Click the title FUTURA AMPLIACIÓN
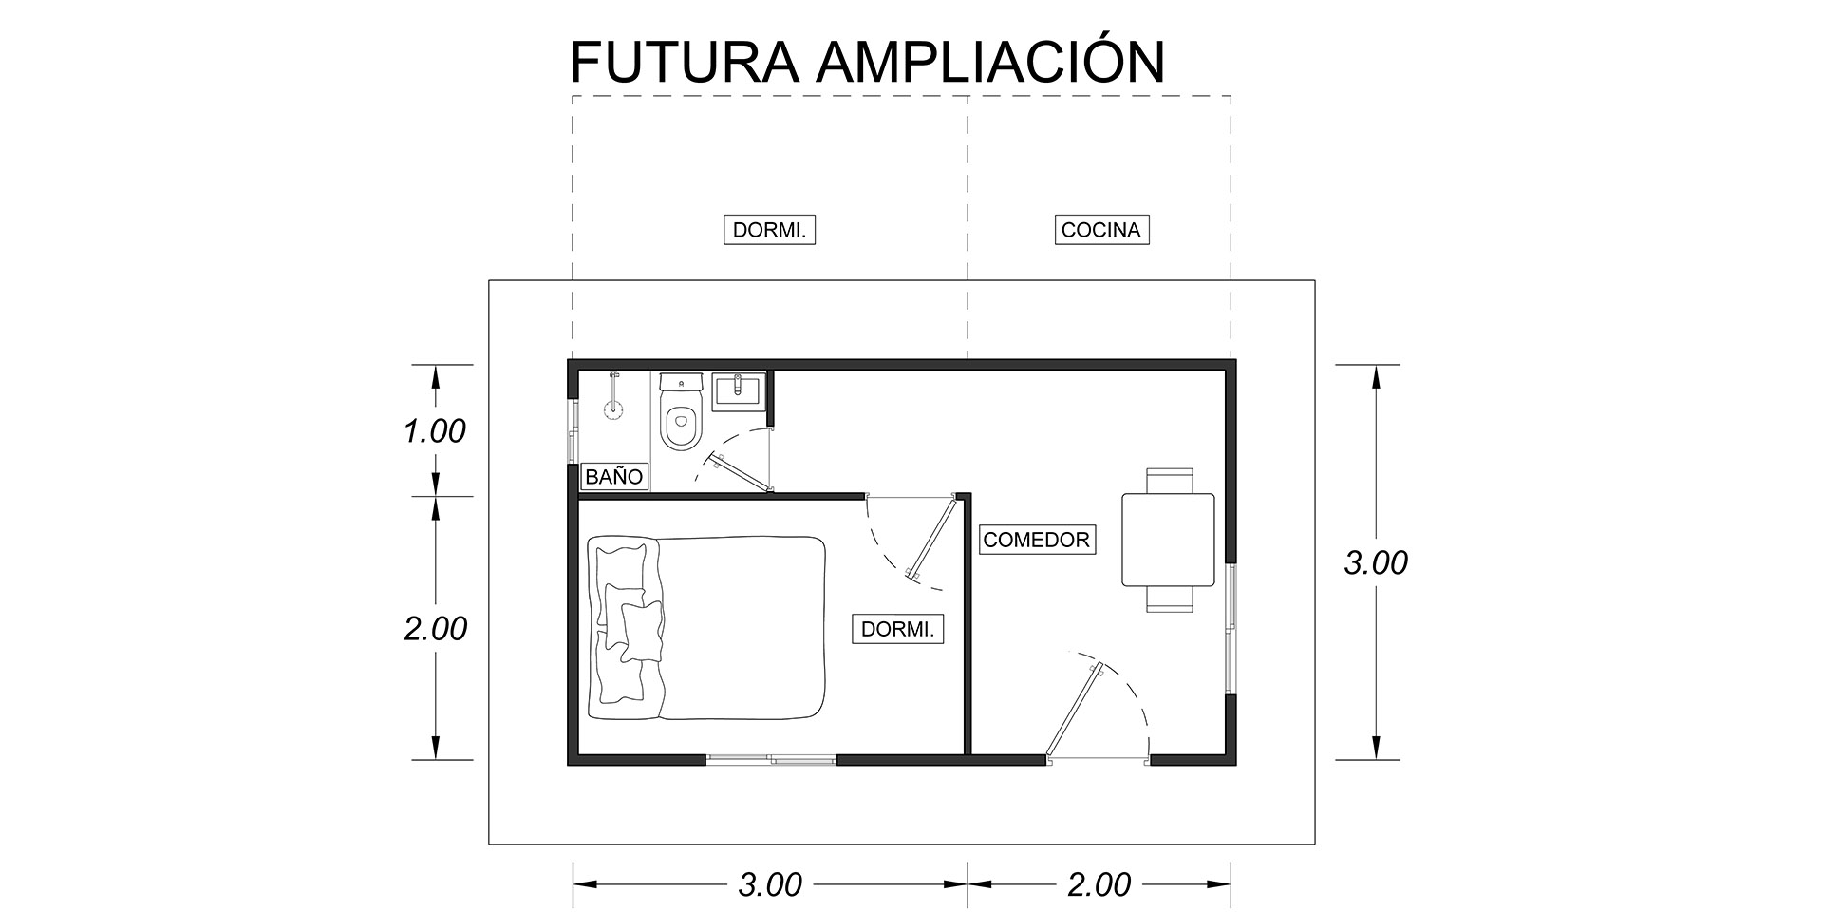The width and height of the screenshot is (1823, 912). coord(866,63)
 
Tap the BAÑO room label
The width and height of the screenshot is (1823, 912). coord(613,476)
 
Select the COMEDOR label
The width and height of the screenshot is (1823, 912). coord(1036,540)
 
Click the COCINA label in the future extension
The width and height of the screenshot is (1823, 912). coord(1101,230)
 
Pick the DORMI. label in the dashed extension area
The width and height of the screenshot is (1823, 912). coord(770,230)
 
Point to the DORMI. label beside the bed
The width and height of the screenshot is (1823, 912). coord(897,629)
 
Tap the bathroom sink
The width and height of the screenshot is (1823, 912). coord(738,390)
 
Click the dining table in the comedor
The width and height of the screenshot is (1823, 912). coord(1168,539)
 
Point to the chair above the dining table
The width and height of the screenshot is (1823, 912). coord(1168,479)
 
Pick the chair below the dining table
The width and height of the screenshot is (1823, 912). coord(1168,598)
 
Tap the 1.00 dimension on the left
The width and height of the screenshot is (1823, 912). coord(435,431)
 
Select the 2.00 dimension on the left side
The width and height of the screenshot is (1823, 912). coord(435,629)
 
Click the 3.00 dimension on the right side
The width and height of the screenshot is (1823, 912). coord(1376,562)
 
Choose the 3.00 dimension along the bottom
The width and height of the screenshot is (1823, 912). coord(770,884)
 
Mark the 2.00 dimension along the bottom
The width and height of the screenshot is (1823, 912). coord(1099,884)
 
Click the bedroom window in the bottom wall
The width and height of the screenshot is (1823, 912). coord(771,758)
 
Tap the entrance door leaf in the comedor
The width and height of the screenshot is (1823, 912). coord(1073,712)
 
